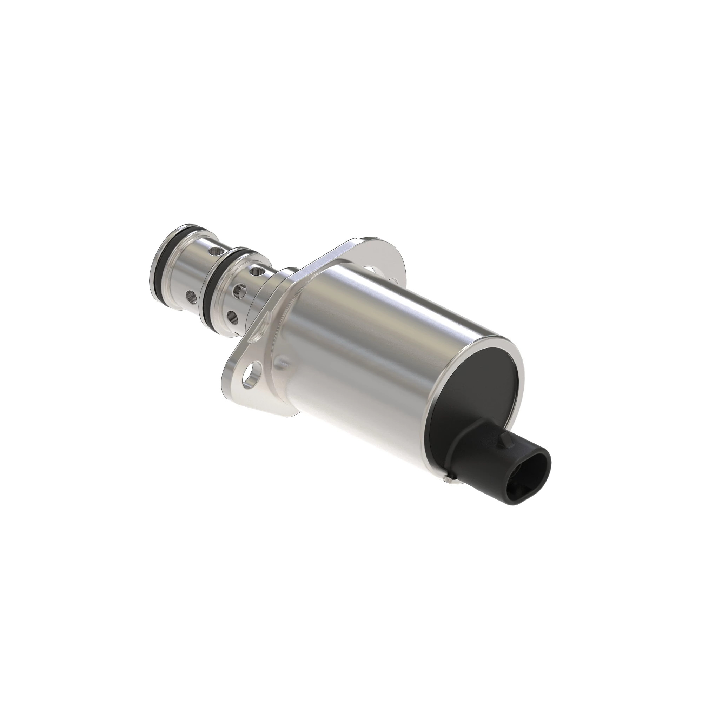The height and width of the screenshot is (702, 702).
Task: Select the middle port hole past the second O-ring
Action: [239, 289]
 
